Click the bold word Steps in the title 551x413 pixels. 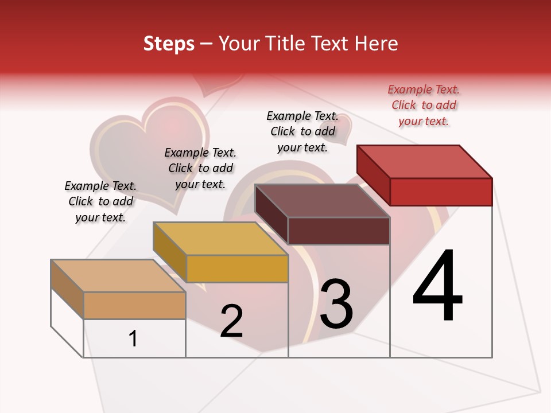coord(169,44)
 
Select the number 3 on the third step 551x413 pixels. coord(336,304)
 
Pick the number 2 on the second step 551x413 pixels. coord(232,321)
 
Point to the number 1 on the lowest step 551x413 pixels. coord(133,338)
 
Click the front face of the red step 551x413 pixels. coord(441,192)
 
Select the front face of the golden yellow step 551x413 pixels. coord(237,268)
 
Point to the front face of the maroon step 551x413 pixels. coord(339,231)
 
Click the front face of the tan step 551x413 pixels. coord(134,305)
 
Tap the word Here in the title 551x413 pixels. coord(377,44)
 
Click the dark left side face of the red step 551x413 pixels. coord(373,174)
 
